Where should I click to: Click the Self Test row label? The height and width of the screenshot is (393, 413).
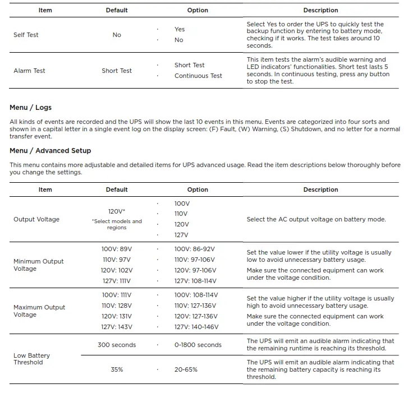point(26,35)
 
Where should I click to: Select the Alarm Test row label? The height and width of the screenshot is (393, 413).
point(29,71)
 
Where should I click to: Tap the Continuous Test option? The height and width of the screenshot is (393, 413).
point(198,76)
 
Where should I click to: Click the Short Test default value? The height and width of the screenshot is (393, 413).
point(117,71)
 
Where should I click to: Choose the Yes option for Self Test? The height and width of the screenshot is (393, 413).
point(180,29)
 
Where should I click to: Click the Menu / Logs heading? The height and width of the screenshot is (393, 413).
point(30,107)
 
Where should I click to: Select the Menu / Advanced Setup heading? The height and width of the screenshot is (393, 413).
point(50,150)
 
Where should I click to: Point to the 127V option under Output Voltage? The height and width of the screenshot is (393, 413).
point(181,235)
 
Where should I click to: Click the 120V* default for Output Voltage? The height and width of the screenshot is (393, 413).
point(117,211)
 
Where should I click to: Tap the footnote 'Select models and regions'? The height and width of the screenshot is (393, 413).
point(117,224)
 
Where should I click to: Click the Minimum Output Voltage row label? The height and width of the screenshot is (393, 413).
point(38,265)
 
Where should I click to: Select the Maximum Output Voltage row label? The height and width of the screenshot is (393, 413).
point(39,311)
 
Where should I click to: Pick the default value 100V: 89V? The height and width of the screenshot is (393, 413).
point(117,248)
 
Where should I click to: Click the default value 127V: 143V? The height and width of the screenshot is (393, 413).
point(117,327)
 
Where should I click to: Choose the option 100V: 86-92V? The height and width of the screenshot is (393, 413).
point(195,248)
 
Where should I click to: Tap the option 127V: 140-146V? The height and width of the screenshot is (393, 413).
point(196,327)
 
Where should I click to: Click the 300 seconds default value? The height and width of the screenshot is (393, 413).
point(117,345)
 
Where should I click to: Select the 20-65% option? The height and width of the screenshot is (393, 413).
point(186,369)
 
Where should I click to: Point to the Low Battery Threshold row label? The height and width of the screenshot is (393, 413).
point(31,359)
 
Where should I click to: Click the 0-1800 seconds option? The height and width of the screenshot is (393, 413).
point(198,345)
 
